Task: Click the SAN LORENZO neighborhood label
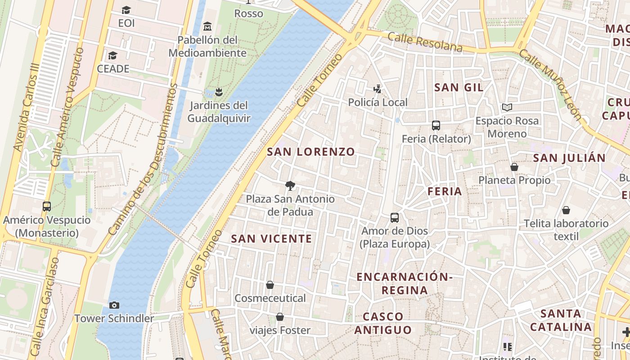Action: point(311,152)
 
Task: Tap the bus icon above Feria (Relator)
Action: point(436,126)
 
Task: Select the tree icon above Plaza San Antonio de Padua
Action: point(290,185)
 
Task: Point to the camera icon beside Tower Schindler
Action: point(114,305)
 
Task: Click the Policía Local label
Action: point(378,103)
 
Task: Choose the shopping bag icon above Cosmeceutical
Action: point(270,285)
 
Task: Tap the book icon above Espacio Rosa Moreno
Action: point(507,107)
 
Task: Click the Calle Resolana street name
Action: point(425,41)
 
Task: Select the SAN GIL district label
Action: point(459,87)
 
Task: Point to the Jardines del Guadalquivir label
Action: point(219,112)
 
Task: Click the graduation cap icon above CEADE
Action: point(112,56)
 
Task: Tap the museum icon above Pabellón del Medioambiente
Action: point(207,26)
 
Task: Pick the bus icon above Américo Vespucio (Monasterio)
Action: point(47,207)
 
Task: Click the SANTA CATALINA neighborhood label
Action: point(561,320)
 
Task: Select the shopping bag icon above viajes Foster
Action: point(280,317)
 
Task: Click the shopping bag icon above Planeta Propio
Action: point(514,167)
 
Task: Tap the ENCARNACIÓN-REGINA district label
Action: point(405,283)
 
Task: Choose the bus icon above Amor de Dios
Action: point(395,218)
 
